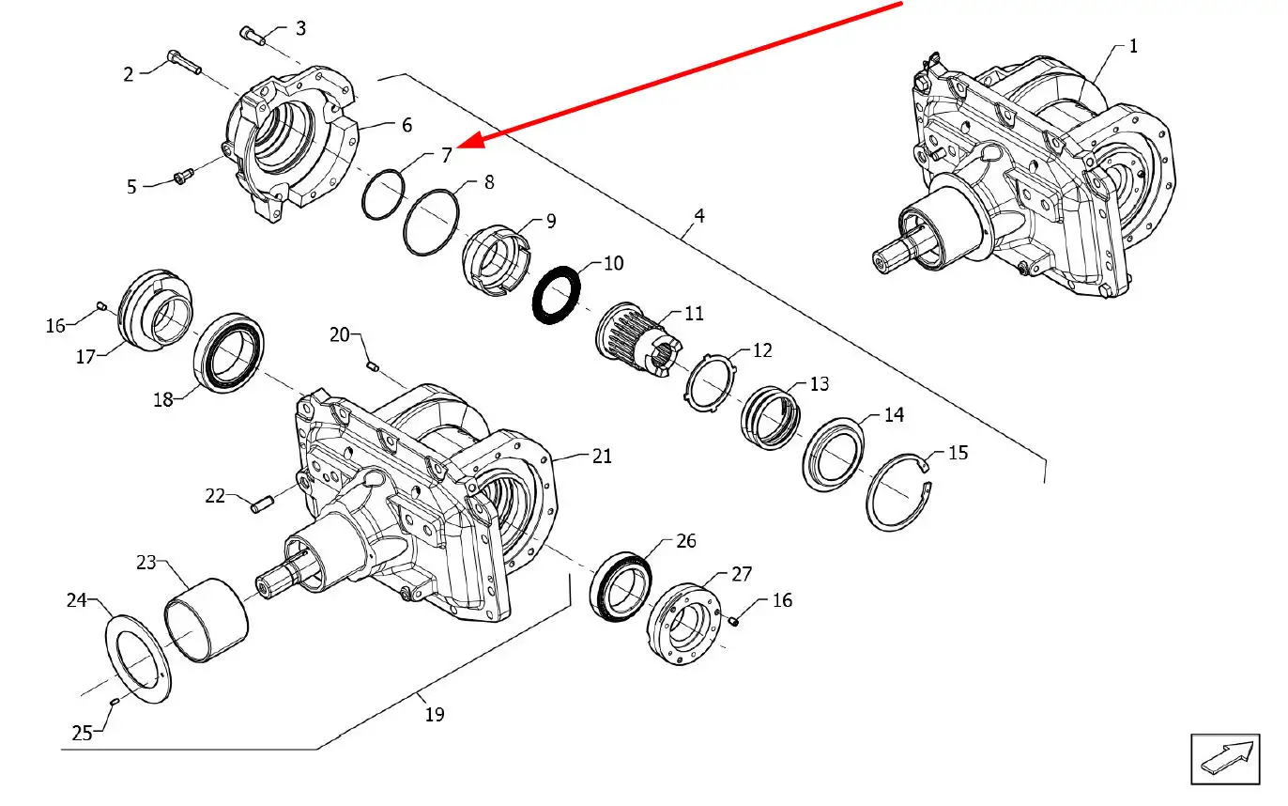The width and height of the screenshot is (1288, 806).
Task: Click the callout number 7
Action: pyautogui.click(x=447, y=154)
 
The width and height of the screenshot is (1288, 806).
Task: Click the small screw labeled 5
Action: pyautogui.click(x=184, y=176)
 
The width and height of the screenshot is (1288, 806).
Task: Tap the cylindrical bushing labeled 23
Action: pyautogui.click(x=207, y=619)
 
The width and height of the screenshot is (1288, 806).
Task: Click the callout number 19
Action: pyautogui.click(x=434, y=715)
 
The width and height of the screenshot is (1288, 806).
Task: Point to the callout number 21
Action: pyautogui.click(x=602, y=456)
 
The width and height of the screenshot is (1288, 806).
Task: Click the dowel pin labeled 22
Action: pyautogui.click(x=261, y=504)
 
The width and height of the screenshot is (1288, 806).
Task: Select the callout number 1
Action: pyautogui.click(x=1133, y=45)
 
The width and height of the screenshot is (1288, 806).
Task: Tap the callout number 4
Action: pyautogui.click(x=698, y=215)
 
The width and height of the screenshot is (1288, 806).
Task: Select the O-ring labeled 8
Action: pyautogui.click(x=430, y=222)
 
